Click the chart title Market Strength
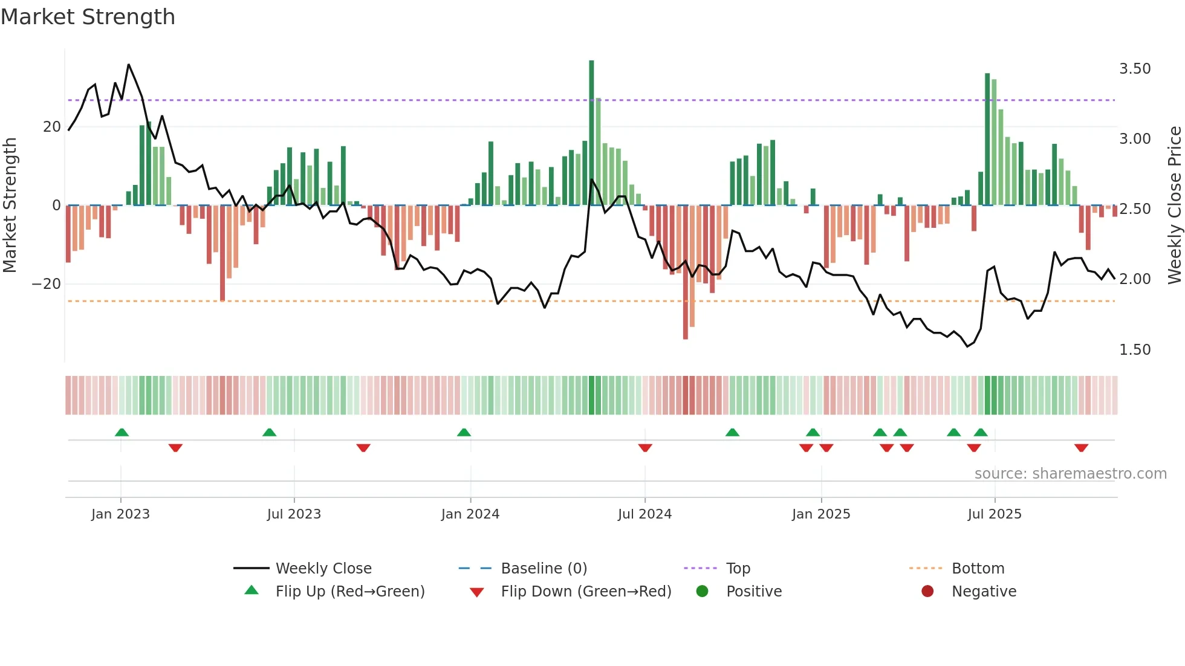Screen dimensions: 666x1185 click(88, 17)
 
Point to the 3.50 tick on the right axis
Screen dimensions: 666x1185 click(1135, 69)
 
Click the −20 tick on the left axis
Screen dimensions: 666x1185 click(47, 284)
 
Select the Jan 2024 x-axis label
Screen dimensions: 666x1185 click(470, 514)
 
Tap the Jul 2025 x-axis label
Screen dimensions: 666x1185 click(995, 514)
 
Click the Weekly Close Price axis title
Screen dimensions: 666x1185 click(1174, 205)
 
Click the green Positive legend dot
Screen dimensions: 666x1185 click(702, 591)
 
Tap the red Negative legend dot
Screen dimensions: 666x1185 click(927, 591)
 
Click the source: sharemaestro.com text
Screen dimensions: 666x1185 click(1070, 474)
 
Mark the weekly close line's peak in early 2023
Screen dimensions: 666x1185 click(129, 65)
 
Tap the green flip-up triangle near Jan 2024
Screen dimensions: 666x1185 click(464, 432)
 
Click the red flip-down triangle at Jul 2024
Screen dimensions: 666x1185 click(645, 448)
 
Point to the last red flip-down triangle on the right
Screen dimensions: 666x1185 click(1081, 448)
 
